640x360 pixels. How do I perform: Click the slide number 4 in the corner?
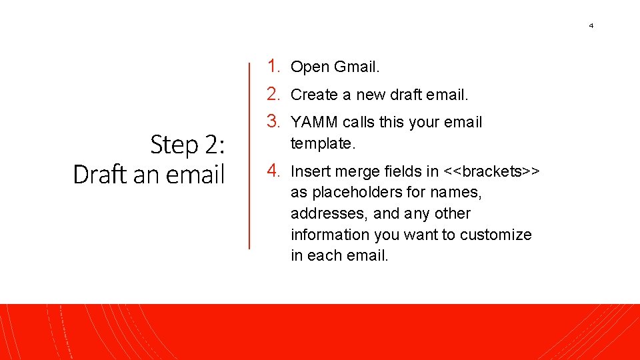[x=591, y=26]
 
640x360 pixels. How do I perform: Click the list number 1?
[x=273, y=66]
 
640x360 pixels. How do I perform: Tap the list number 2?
[x=273, y=94]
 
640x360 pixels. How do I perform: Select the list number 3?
[x=273, y=121]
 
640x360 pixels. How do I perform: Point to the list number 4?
[x=273, y=171]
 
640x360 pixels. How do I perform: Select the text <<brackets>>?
[x=492, y=172]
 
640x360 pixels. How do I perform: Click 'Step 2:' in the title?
[x=187, y=144]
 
